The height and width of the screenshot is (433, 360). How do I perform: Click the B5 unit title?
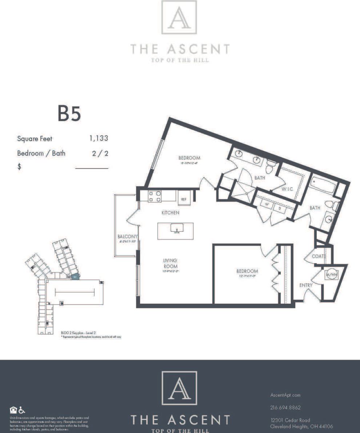69,113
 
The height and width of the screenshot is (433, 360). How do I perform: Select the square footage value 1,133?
99,138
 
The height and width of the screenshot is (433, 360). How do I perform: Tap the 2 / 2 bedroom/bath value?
100,153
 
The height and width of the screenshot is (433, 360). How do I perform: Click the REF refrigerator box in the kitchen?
184,199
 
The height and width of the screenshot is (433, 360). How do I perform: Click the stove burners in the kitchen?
155,197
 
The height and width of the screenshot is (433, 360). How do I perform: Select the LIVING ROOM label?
170,263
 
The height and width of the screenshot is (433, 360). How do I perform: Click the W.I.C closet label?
287,189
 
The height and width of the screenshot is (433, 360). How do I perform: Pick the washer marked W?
267,205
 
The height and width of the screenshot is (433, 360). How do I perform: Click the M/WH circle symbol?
332,274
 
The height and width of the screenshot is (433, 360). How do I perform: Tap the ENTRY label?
305,285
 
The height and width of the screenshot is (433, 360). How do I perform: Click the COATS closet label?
319,256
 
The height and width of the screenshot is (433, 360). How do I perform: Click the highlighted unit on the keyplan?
75,277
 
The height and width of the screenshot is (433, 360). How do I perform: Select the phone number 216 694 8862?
285,408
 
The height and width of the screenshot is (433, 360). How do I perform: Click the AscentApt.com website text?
285,395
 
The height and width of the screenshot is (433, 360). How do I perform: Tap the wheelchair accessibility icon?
22,410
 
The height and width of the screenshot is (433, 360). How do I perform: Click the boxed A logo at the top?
179,17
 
